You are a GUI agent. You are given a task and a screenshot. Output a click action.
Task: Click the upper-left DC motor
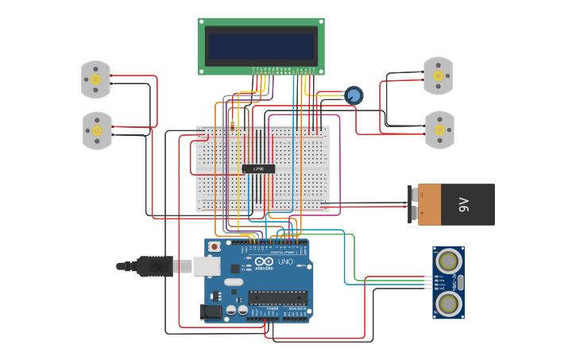point(95,79)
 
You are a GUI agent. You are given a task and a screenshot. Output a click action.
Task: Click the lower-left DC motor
point(97,130)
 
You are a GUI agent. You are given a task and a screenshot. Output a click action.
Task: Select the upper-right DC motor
point(438,75)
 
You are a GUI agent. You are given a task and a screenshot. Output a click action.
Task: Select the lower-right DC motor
point(439,130)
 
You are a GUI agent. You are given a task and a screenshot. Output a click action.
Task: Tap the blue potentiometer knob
point(354,95)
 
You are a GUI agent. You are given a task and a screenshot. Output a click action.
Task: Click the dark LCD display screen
point(261,45)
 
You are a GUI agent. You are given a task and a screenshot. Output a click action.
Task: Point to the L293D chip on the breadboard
point(258,168)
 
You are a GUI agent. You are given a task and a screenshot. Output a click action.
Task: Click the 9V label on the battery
point(465,205)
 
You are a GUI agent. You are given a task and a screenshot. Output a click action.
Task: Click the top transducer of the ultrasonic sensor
point(448,260)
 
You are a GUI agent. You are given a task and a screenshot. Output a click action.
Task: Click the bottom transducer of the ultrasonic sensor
point(448,303)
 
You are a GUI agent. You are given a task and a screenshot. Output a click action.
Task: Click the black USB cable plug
point(155,266)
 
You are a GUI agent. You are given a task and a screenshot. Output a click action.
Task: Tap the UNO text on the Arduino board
point(284,261)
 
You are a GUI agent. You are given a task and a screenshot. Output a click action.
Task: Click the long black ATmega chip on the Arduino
point(276,297)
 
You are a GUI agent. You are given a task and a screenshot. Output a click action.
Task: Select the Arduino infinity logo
point(265,261)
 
